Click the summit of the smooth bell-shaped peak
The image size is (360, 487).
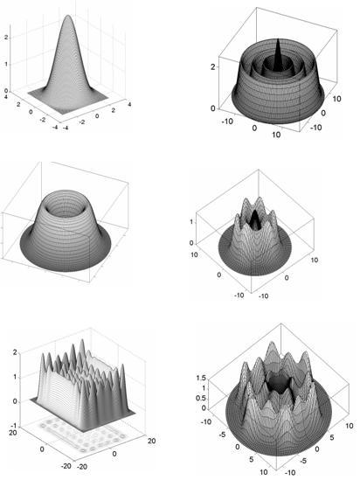67,16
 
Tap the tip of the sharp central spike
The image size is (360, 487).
278,39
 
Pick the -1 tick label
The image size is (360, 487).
14,425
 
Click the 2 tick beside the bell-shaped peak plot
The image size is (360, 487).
5,38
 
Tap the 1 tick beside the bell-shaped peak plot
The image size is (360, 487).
5,65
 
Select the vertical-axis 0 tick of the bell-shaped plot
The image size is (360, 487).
5,91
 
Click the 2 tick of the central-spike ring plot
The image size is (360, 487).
213,66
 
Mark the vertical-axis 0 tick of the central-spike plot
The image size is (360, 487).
213,108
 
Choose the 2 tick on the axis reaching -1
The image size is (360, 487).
15,352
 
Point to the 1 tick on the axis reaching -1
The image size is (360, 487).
15,377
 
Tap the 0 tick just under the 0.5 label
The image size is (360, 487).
204,408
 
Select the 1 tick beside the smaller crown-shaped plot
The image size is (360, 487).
191,222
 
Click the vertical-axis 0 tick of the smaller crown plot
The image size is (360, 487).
191,243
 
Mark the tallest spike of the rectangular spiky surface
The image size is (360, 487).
82,341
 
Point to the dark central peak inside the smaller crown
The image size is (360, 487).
255,219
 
